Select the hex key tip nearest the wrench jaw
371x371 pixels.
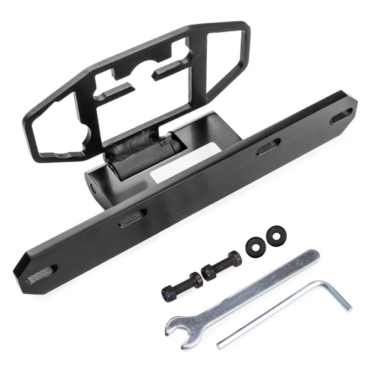(x=220, y=345)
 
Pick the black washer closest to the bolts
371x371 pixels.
(x=254, y=246)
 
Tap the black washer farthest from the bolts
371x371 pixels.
(x=275, y=236)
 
